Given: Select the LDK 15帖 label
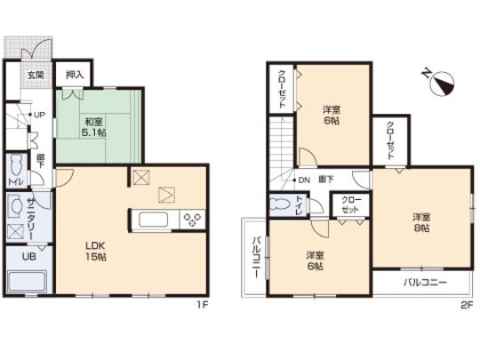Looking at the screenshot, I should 95,252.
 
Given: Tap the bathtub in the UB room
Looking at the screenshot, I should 28,284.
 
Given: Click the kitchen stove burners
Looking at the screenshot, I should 193,218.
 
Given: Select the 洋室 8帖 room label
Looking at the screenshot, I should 420,222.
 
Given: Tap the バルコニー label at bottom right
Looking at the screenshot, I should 424,283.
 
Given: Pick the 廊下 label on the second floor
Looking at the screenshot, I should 327,180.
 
